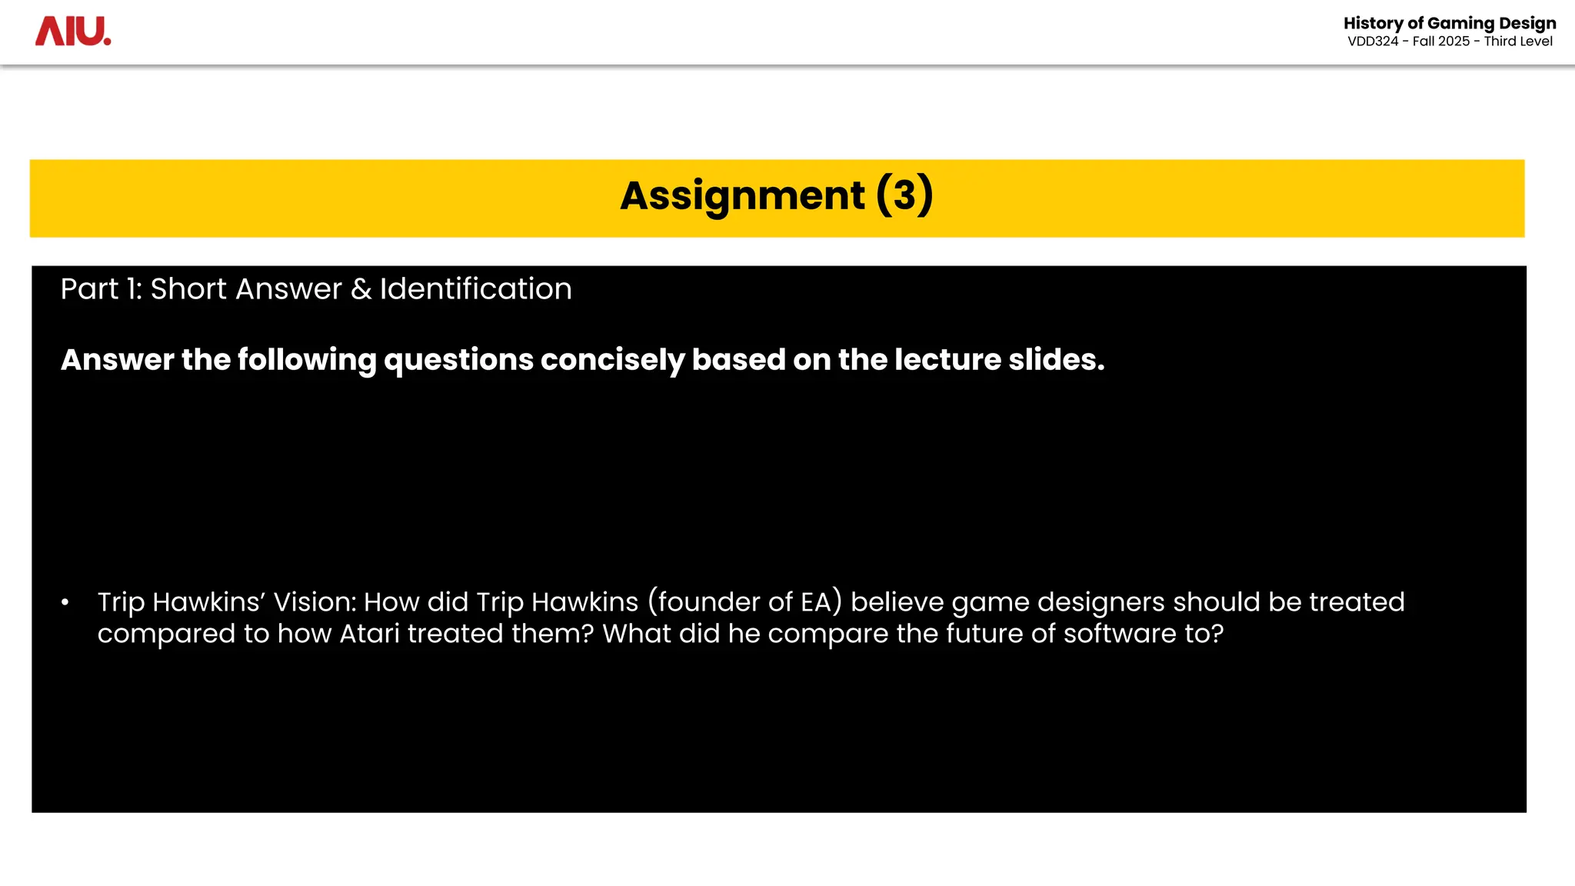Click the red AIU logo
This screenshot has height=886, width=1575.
pyautogui.click(x=73, y=32)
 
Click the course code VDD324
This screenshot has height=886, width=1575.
pyautogui.click(x=1373, y=42)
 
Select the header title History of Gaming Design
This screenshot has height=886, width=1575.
pyautogui.click(x=1450, y=23)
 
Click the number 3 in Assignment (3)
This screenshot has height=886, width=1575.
pyautogui.click(x=904, y=195)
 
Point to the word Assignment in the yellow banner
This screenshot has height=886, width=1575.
pyautogui.click(x=742, y=195)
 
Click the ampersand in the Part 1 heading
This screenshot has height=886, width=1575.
pyautogui.click(x=361, y=289)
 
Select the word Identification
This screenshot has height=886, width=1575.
pyautogui.click(x=475, y=289)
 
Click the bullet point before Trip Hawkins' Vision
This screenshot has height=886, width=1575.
pyautogui.click(x=65, y=602)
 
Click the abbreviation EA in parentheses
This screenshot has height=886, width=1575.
pyautogui.click(x=816, y=602)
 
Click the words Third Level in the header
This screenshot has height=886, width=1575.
pyautogui.click(x=1518, y=42)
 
